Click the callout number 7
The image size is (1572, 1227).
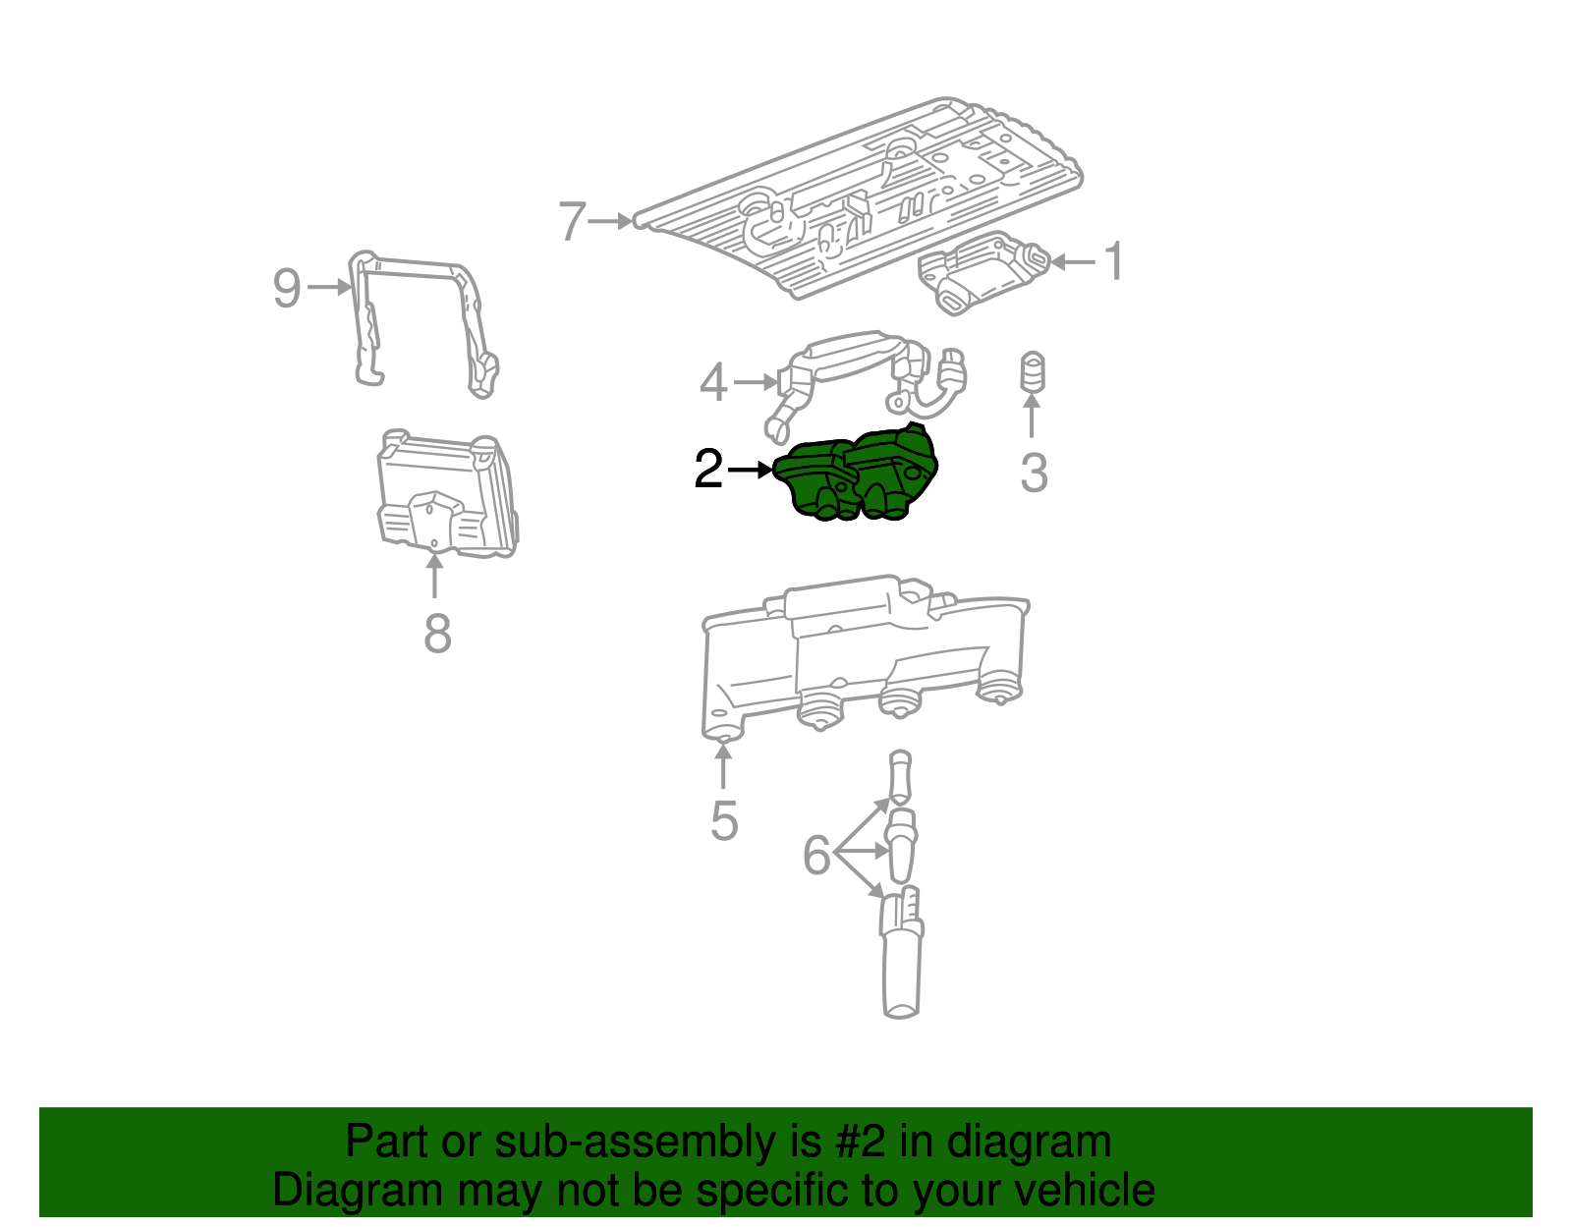coord(572,222)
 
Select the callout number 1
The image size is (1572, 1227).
coord(1113,261)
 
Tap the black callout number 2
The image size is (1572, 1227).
coord(708,470)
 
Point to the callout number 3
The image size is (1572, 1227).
coord(1034,473)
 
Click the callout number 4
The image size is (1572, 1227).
coord(713,382)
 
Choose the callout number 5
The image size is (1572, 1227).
coord(724,821)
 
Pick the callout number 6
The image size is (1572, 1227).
coord(817,855)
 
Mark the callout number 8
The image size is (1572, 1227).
coord(437,634)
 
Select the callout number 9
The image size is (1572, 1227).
coord(287,288)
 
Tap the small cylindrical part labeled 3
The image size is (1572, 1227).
coord(1032,371)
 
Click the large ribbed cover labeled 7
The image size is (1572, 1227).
coord(865,196)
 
